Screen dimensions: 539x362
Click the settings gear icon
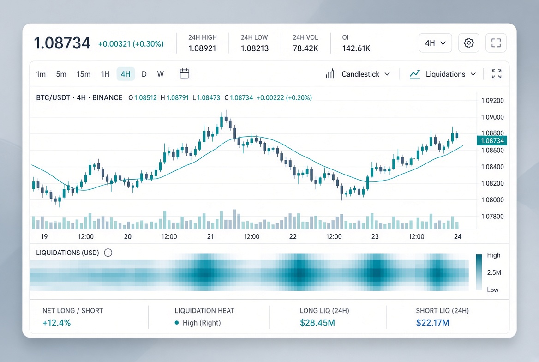[x=468, y=43]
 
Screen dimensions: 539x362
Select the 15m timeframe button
[x=84, y=74]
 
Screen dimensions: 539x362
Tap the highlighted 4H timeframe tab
[x=126, y=74]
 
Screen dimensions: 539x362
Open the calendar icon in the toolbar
[x=184, y=73]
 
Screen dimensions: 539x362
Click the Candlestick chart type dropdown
[x=358, y=74]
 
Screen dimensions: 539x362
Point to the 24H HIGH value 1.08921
[x=202, y=48]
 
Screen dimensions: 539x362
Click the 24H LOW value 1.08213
[x=255, y=48]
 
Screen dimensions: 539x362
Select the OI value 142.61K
[x=356, y=48]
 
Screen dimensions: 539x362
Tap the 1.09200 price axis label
[x=492, y=101]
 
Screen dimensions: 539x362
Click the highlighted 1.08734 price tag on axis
[x=492, y=140]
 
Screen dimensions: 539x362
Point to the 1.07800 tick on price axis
[x=492, y=216]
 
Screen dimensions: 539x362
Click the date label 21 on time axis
[x=210, y=236]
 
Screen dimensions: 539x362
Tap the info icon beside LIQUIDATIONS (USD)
[x=108, y=253]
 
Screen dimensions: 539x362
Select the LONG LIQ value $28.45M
[x=317, y=322]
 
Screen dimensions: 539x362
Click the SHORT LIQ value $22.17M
[x=432, y=322]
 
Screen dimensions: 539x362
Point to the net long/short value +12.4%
[x=56, y=323]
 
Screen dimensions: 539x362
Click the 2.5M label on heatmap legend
[x=494, y=272]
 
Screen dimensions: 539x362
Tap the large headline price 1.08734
[x=62, y=43]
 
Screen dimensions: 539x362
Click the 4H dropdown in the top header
[x=435, y=43]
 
